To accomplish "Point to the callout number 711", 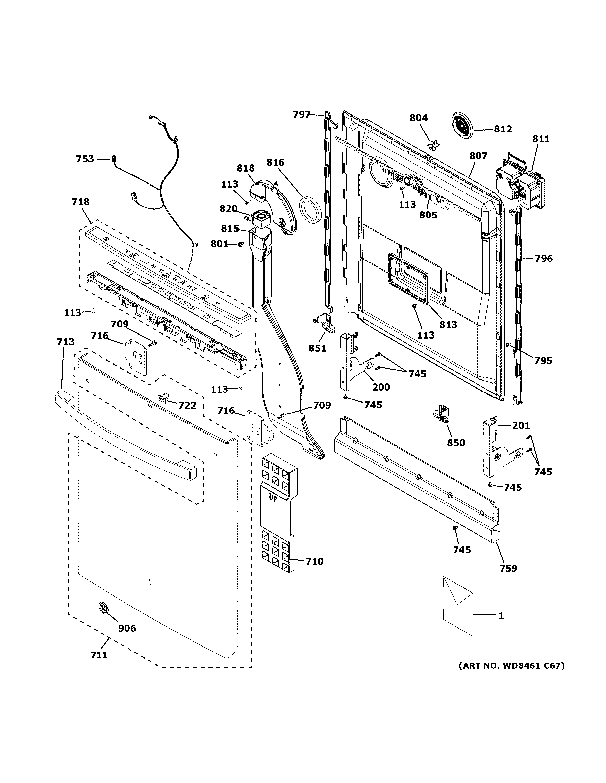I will pos(99,655).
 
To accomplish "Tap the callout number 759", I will pos(508,568).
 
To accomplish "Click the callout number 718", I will pos(80,202).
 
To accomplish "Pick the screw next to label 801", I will pos(241,244).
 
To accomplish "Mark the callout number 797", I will pos(302,114).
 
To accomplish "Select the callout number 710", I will pos(314,561).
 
